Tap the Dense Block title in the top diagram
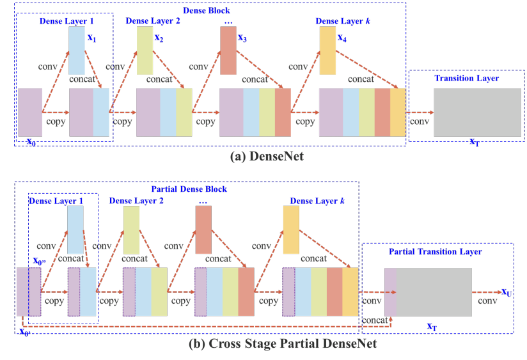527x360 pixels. pyautogui.click(x=207, y=11)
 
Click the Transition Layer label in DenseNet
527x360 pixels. pyautogui.click(x=466, y=78)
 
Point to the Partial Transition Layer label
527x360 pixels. pyautogui.click(x=436, y=251)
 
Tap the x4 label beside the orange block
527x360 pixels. pyautogui.click(x=344, y=38)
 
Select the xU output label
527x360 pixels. pyautogui.click(x=507, y=292)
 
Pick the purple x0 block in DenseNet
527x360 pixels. pyautogui.click(x=30, y=113)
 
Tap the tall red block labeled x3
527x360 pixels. pyautogui.click(x=228, y=52)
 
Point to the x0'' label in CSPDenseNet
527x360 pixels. pyautogui.click(x=40, y=261)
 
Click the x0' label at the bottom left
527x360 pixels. pyautogui.click(x=25, y=331)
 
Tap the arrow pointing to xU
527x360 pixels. pyautogui.click(x=488, y=292)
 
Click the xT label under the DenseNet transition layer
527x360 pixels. pyautogui.click(x=474, y=143)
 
